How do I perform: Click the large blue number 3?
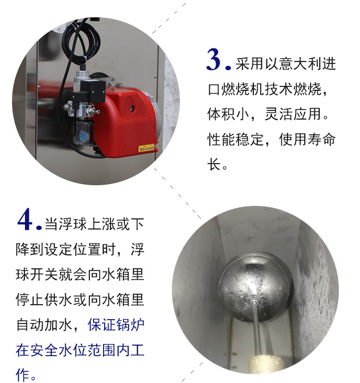(214, 60)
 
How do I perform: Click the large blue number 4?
(25, 219)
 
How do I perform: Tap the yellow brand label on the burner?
(146, 148)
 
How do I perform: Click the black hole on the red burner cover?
(132, 108)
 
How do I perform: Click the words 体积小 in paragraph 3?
(228, 114)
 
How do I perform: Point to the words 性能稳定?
(236, 140)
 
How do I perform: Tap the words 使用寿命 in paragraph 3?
(308, 140)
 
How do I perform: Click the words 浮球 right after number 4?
(73, 224)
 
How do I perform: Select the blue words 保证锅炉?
(116, 325)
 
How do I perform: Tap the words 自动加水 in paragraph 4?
(45, 325)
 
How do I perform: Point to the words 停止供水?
(45, 299)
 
